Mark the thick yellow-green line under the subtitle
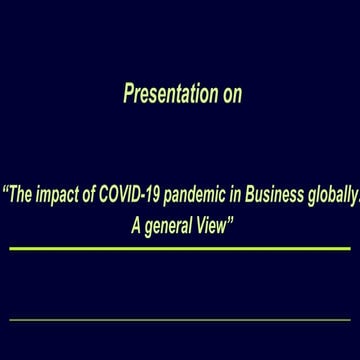coord(180,248)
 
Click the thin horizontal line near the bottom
coord(180,320)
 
